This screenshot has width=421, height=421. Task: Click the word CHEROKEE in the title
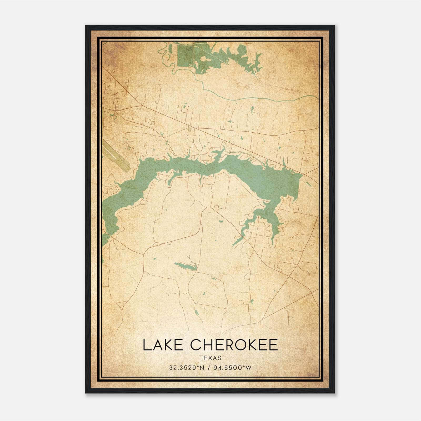coord(234,345)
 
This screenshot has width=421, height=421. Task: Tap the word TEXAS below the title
coord(210,358)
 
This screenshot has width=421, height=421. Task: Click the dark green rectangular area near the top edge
coord(185,56)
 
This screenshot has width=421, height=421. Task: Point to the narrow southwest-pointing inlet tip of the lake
coord(234,243)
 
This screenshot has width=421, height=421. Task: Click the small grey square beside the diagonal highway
coord(189,129)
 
